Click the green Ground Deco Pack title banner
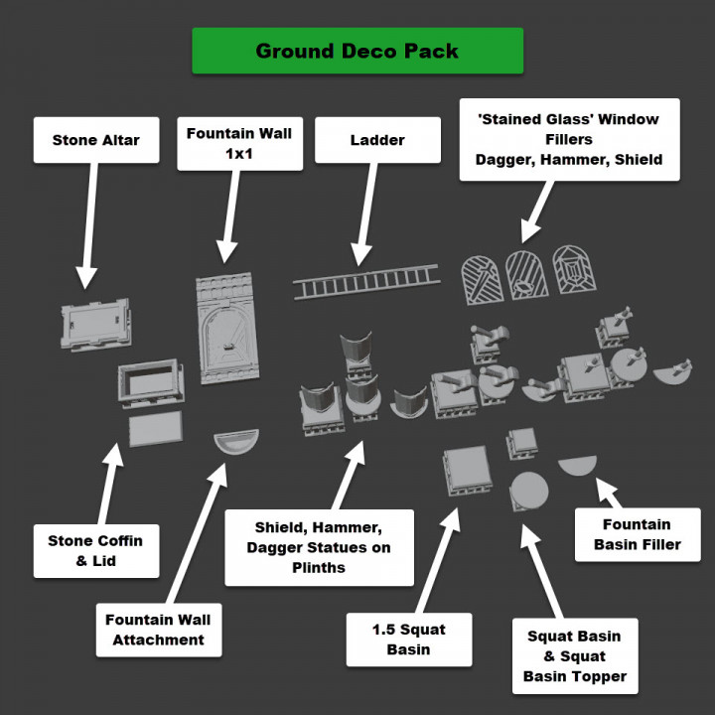[357, 51]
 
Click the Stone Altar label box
[95, 140]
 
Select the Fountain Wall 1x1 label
[239, 143]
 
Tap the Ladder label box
[377, 140]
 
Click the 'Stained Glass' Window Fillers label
[568, 139]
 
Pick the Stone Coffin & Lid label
[95, 550]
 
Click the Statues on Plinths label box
[319, 547]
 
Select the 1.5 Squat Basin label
[408, 640]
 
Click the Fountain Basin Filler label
[638, 534]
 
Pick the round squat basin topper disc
[529, 491]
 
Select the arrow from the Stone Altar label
[89, 223]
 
